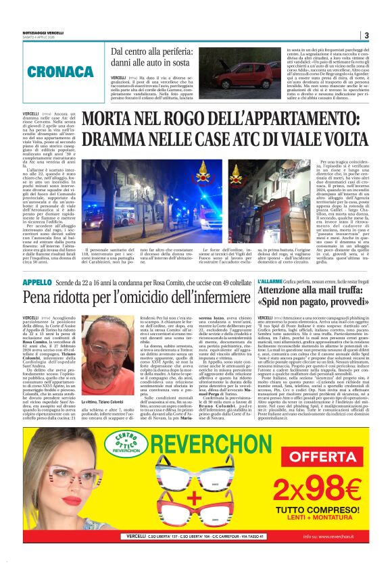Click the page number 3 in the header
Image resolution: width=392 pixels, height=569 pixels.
point(366,35)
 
